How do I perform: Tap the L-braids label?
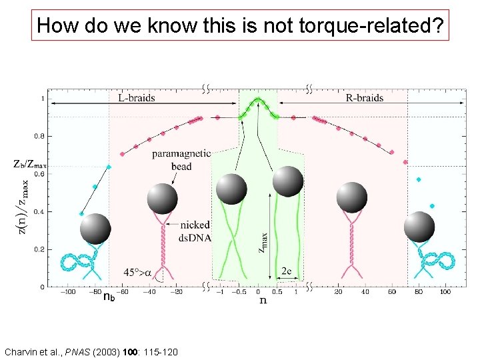[136, 98]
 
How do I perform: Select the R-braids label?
[365, 98]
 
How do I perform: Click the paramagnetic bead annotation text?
[181, 159]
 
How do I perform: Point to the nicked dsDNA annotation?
[194, 231]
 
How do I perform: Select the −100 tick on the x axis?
[67, 292]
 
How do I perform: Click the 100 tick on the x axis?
[445, 292]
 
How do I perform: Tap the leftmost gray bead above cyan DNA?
[95, 229]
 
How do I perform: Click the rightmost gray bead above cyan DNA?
[420, 227]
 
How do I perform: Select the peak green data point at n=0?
[258, 100]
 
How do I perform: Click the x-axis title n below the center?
[263, 301]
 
